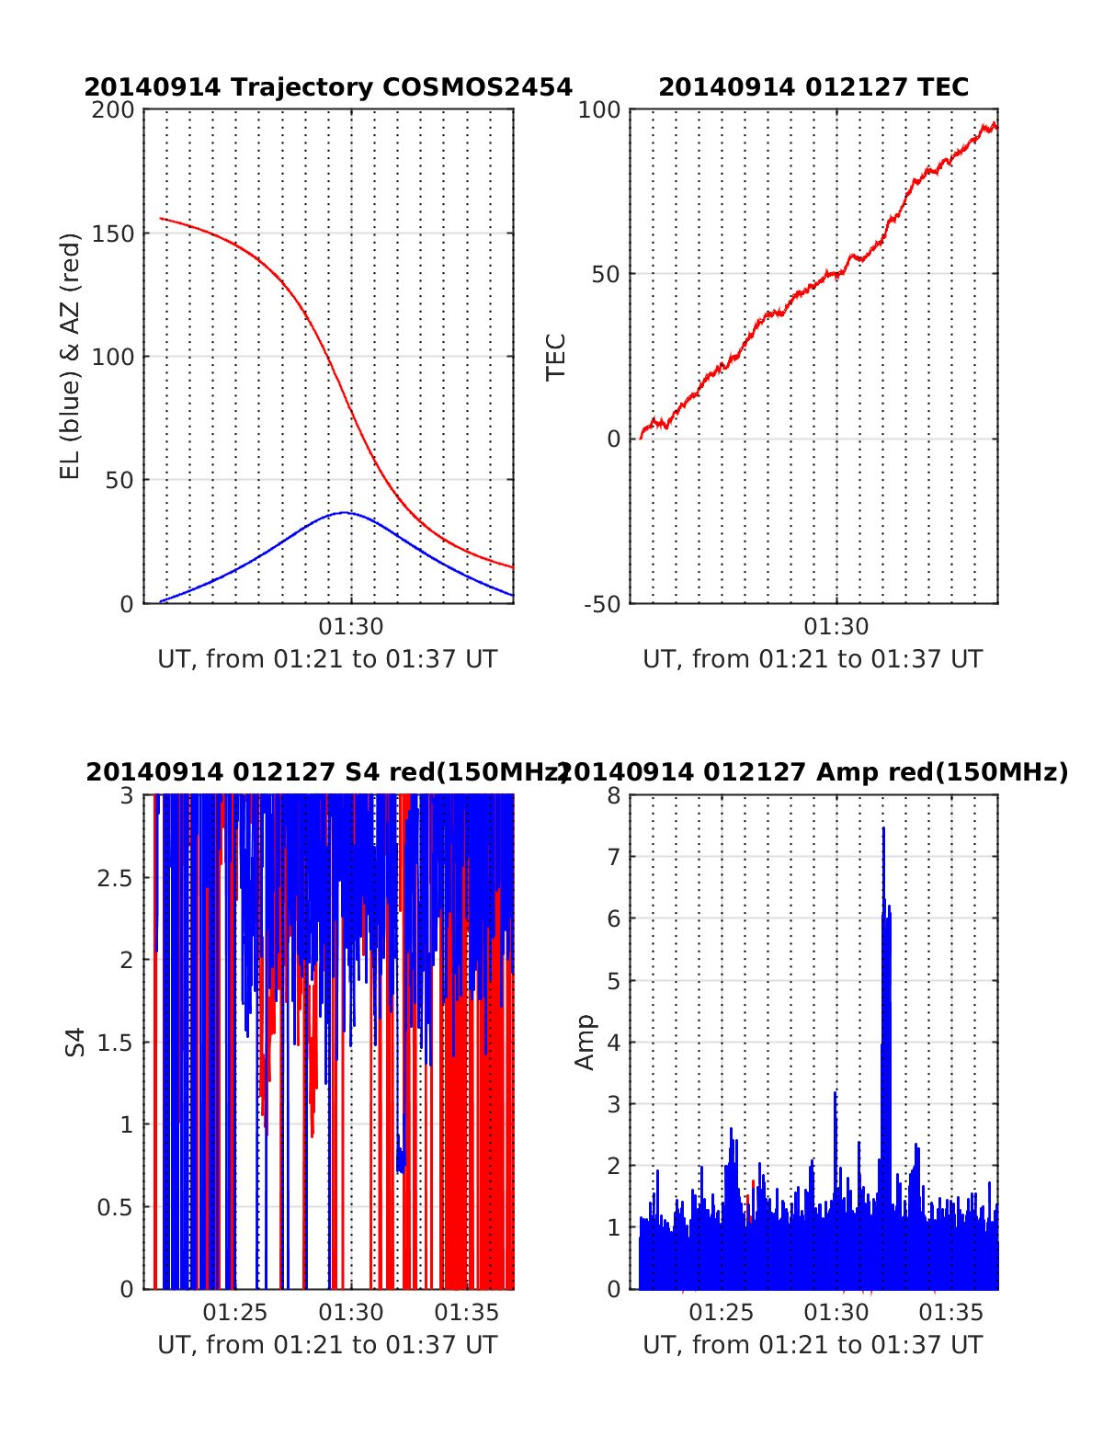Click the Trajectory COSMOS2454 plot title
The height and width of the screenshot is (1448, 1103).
[x=328, y=87]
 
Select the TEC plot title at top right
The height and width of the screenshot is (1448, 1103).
[x=813, y=87]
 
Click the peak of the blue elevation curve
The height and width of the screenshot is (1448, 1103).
[x=345, y=512]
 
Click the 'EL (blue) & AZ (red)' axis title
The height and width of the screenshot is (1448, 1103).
[x=71, y=356]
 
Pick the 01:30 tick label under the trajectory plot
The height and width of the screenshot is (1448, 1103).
[x=351, y=627]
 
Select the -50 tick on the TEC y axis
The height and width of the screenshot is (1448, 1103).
[x=601, y=604]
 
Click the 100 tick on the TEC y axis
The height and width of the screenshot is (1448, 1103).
[x=599, y=110]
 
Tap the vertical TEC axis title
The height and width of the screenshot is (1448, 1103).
[x=556, y=356]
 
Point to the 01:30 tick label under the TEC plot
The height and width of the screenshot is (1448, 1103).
[x=836, y=627]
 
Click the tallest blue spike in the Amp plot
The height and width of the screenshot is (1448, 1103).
[x=883, y=828]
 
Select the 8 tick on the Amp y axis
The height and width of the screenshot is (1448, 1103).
[x=613, y=795]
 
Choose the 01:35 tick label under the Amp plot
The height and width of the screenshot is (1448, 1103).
[x=952, y=1313]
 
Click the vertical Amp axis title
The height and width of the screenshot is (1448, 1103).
[x=585, y=1042]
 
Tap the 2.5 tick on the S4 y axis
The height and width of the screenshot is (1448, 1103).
[x=115, y=878]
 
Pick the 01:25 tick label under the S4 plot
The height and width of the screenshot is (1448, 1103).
[x=235, y=1313]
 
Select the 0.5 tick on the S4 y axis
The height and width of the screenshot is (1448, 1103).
[x=115, y=1207]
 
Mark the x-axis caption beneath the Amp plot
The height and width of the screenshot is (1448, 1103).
[x=813, y=1345]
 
